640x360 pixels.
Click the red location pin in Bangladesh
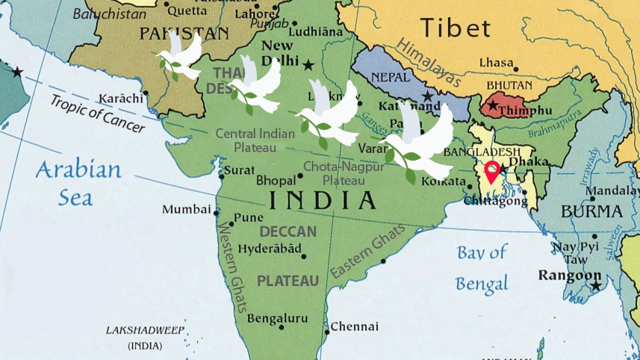[x=492, y=171]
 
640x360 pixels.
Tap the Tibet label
[x=456, y=28]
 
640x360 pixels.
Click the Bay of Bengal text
[x=482, y=267]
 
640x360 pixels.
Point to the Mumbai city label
[x=186, y=209]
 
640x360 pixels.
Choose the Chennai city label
[x=354, y=326]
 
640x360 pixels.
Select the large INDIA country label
[x=322, y=200]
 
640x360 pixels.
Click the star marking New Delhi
[x=308, y=64]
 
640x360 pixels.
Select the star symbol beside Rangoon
[x=595, y=286]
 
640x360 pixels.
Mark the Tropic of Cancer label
[x=97, y=114]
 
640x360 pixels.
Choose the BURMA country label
[x=591, y=211]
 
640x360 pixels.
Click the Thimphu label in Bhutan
[x=525, y=110]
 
